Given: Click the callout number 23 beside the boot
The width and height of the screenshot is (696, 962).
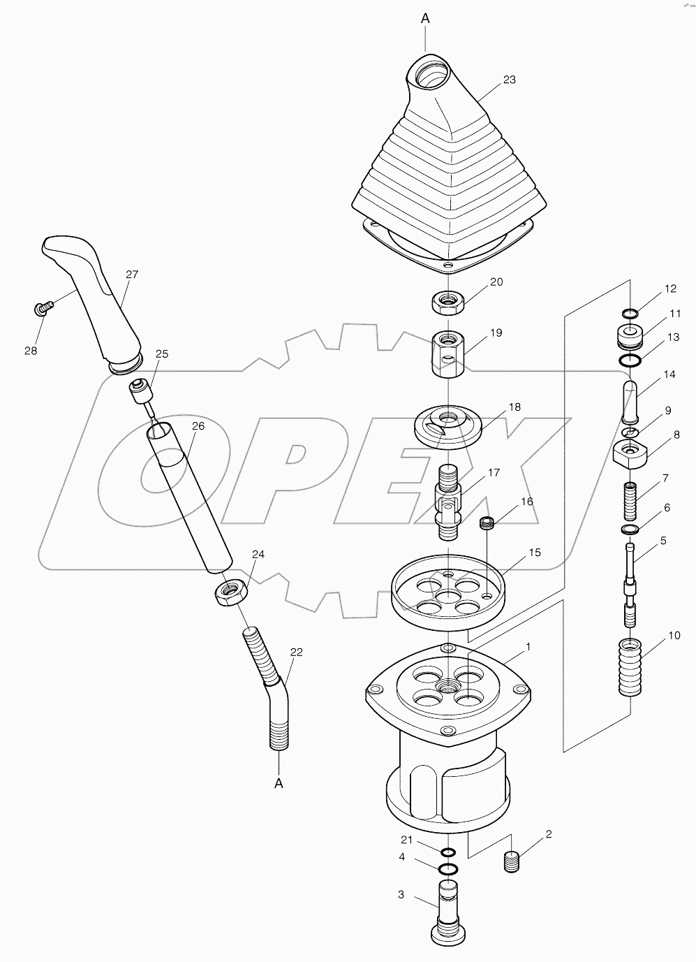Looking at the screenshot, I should click(x=509, y=80).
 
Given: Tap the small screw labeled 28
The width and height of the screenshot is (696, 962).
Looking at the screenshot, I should click(x=42, y=307).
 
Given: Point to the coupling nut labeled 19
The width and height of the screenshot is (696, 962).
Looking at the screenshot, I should click(x=447, y=354).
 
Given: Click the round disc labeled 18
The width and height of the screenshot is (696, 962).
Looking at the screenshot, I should click(x=446, y=425).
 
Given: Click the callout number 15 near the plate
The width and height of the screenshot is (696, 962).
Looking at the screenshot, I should click(x=534, y=553).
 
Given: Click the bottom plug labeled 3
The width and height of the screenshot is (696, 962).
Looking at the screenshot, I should click(x=447, y=910).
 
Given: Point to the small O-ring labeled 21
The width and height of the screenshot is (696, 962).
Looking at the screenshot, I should click(x=447, y=852).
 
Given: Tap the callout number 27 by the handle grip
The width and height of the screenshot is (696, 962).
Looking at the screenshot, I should click(x=131, y=275).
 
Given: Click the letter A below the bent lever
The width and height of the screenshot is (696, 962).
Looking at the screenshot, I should click(x=279, y=783).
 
